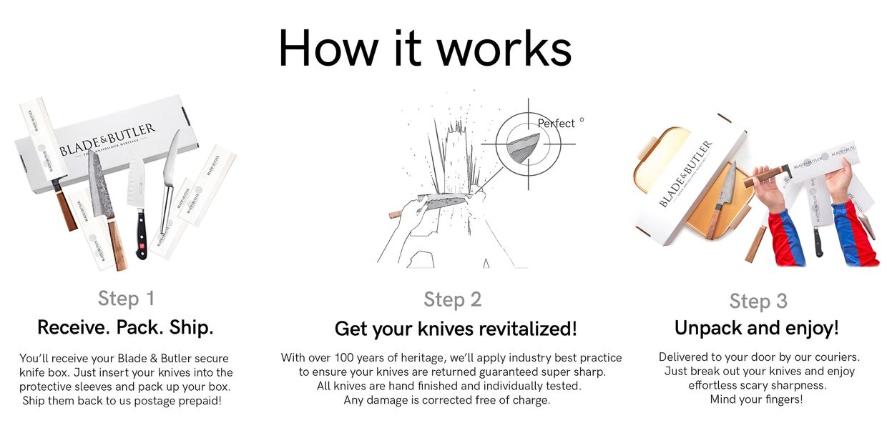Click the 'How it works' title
425,48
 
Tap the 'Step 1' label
126,298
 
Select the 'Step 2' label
452,299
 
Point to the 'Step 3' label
758,301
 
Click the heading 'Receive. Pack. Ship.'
125,328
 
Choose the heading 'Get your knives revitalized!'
456,329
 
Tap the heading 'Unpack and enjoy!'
757,328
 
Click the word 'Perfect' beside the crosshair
556,124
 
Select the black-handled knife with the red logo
140,229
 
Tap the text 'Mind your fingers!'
756,399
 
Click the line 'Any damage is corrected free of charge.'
447,400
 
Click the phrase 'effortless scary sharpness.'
758,385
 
